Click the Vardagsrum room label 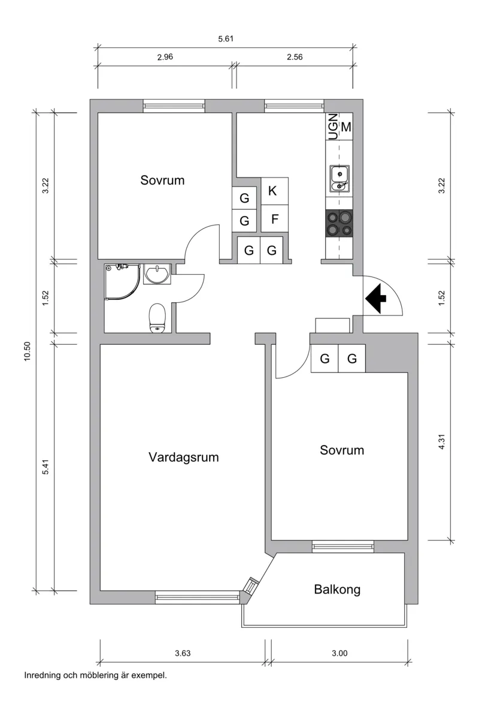184,458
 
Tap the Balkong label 337,589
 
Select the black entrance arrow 375,299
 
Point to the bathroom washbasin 157,274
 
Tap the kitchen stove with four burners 339,224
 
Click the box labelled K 272,191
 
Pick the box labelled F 274,219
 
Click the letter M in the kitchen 346,127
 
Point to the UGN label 332,127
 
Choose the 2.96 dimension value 165,58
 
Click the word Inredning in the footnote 43,675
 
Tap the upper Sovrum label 162,180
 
